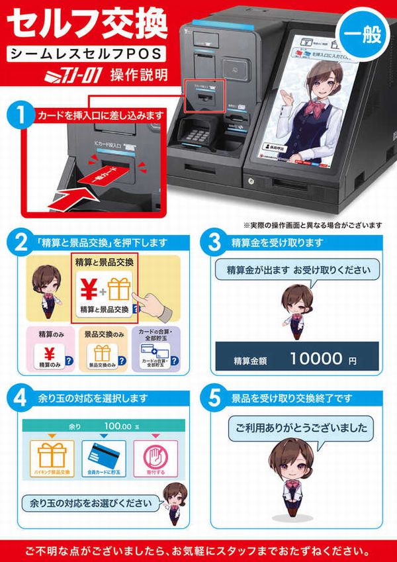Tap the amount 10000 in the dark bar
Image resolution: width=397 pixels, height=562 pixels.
[317, 360]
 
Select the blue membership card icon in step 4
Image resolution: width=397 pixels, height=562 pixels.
[103, 457]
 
